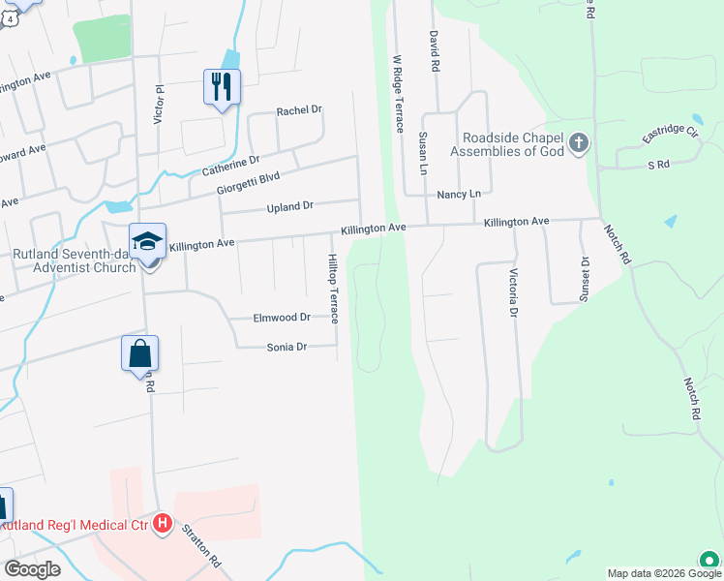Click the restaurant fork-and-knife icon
pyautogui.click(x=222, y=87)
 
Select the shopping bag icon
pyautogui.click(x=139, y=354)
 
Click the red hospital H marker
pyautogui.click(x=163, y=525)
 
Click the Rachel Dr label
pyautogui.click(x=298, y=110)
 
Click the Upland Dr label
pyautogui.click(x=290, y=206)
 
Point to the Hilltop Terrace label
pyautogui.click(x=332, y=289)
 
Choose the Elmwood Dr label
pyautogui.click(x=281, y=317)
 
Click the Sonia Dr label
pyautogui.click(x=287, y=346)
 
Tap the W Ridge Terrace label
pyautogui.click(x=397, y=94)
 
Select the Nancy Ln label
pyautogui.click(x=459, y=195)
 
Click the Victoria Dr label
pyautogui.click(x=513, y=292)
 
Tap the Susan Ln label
pyautogui.click(x=423, y=154)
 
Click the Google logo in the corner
pyautogui.click(x=32, y=569)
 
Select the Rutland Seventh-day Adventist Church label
pyautogui.click(x=74, y=260)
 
